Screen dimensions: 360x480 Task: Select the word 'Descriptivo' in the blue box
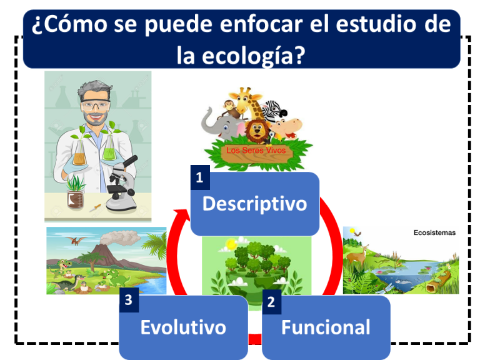pyautogui.click(x=254, y=204)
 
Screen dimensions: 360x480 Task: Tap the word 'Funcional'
pyautogui.click(x=326, y=327)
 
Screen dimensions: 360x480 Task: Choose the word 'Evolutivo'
pyautogui.click(x=183, y=327)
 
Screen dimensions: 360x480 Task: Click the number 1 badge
pyautogui.click(x=199, y=178)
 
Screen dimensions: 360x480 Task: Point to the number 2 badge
pyautogui.click(x=271, y=302)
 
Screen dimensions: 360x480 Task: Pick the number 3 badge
pyautogui.click(x=128, y=300)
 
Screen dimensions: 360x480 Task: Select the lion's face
pyautogui.click(x=257, y=131)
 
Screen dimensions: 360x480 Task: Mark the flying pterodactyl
pyautogui.click(x=77, y=240)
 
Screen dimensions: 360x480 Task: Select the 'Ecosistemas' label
pyautogui.click(x=434, y=232)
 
